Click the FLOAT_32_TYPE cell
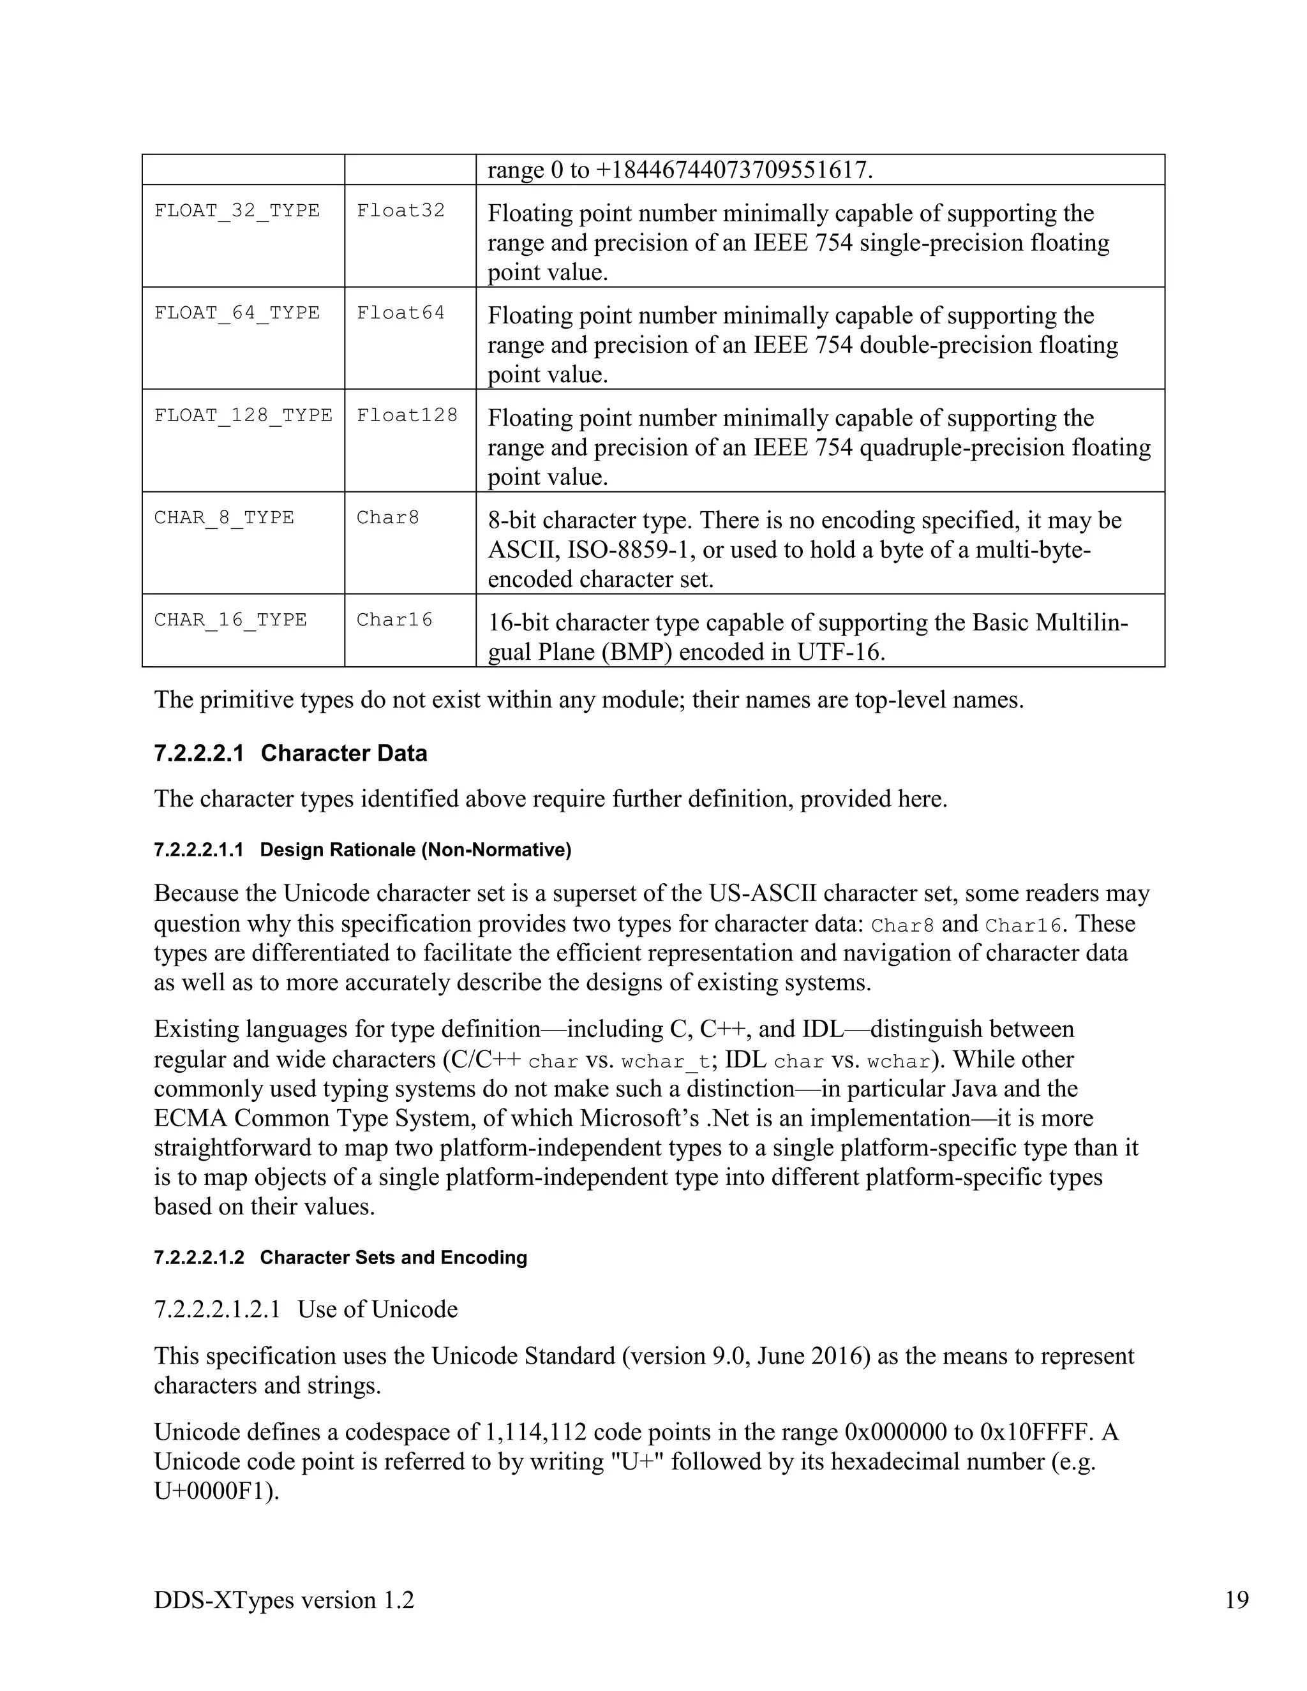tap(237, 211)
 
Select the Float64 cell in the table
tap(400, 313)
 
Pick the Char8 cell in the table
tap(387, 518)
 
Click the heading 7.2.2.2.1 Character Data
tap(290, 754)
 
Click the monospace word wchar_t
tap(665, 1061)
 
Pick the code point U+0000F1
tap(215, 1491)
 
